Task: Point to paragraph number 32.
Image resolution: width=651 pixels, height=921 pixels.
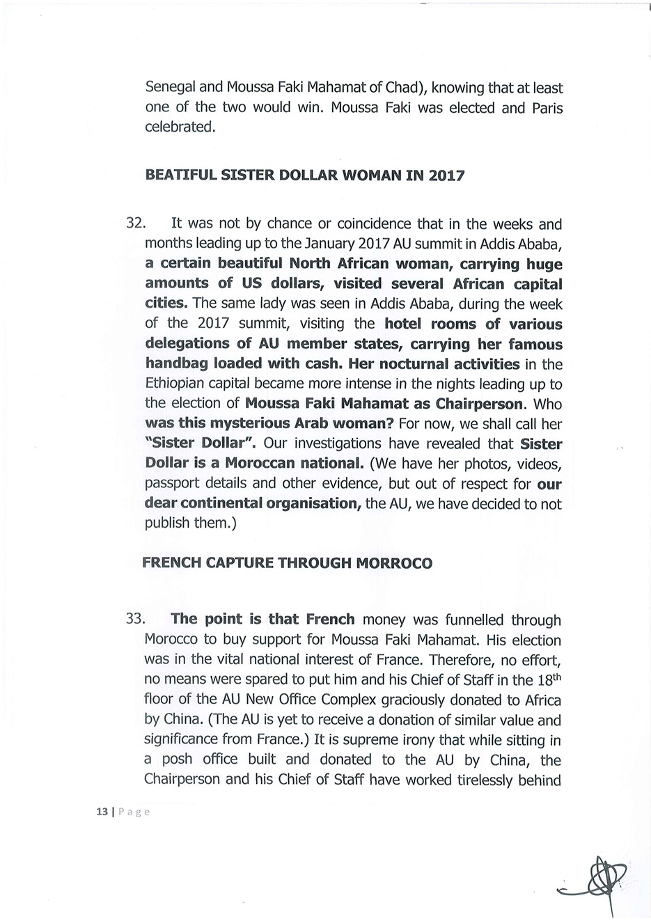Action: (x=134, y=224)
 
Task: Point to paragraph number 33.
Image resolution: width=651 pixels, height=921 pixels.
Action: (x=134, y=620)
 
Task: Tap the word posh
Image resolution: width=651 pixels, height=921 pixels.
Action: (x=181, y=759)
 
